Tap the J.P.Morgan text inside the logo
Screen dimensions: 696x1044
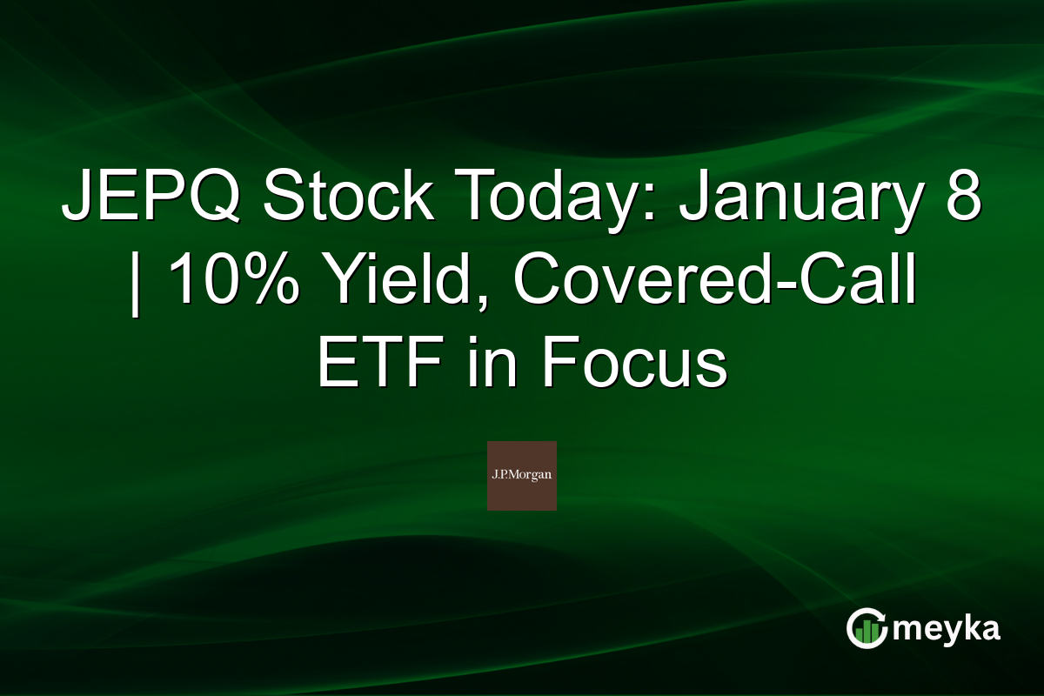(521, 475)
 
